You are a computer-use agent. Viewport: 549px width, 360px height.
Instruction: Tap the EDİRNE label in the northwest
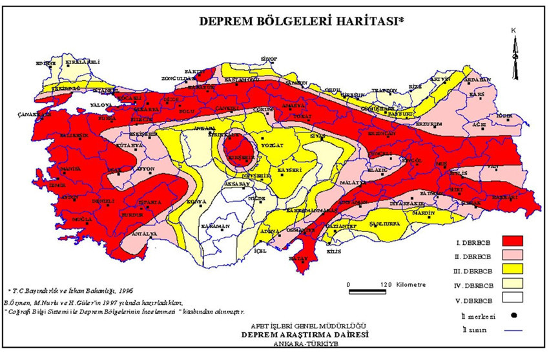pos(46,63)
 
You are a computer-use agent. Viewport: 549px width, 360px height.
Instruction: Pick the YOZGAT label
pos(267,146)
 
